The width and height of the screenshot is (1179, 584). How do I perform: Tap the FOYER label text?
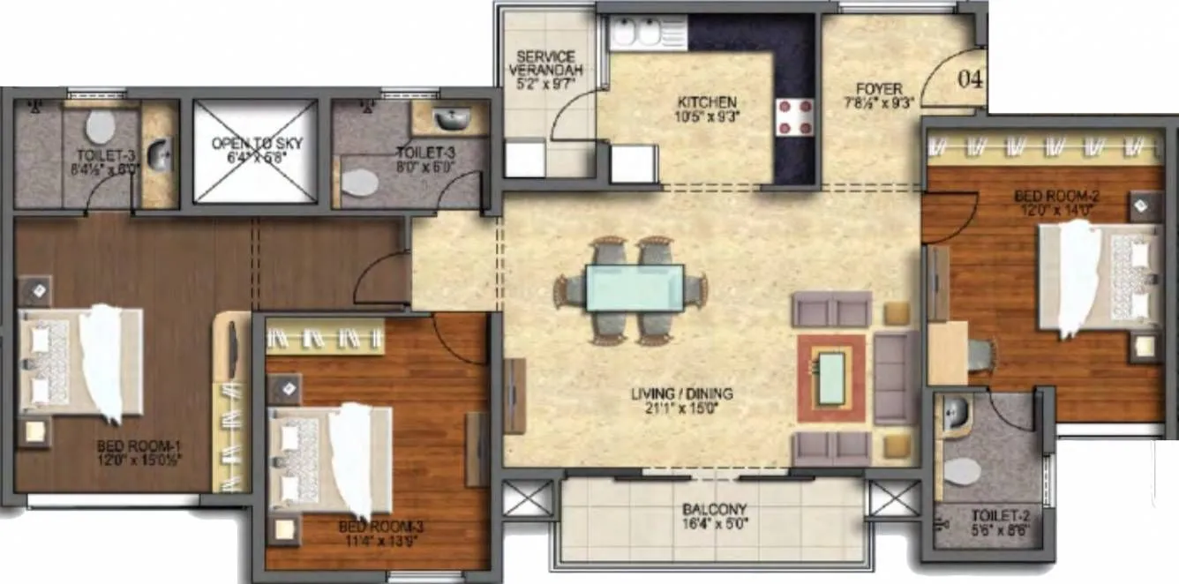[x=878, y=88]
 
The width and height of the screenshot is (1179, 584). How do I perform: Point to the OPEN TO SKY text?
[x=255, y=142]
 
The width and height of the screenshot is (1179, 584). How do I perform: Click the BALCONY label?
[x=714, y=510]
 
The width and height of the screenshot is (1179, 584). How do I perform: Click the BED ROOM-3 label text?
[x=381, y=528]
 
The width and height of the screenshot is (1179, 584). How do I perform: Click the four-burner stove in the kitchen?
[x=794, y=116]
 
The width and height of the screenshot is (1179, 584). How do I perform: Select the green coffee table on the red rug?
[x=830, y=378]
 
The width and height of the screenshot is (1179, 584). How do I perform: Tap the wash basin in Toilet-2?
[x=952, y=415]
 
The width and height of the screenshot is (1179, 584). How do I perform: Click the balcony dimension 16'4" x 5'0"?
[x=714, y=524]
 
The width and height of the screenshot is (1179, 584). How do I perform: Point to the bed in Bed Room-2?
[x=1100, y=274]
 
